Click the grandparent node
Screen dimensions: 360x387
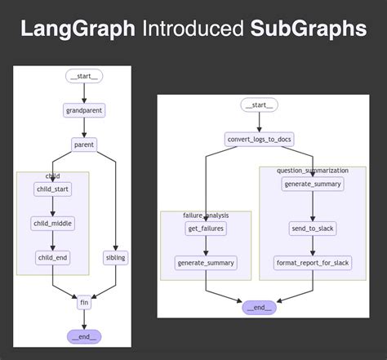point(83,110)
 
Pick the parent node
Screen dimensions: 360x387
point(83,144)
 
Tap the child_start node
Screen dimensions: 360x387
point(52,189)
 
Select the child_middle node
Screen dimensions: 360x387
point(52,223)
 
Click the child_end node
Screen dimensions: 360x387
point(52,258)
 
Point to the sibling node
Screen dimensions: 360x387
point(116,258)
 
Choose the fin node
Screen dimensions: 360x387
point(83,302)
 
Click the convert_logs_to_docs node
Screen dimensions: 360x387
point(259,140)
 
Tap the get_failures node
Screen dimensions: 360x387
point(206,229)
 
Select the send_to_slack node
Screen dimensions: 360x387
point(313,229)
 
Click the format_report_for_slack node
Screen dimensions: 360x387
point(313,263)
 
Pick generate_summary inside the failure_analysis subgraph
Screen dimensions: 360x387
point(206,263)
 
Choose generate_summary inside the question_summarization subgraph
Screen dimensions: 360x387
point(313,184)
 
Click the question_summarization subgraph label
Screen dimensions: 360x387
point(313,171)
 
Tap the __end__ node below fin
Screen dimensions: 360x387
point(83,336)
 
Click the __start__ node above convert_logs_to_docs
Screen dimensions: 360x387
point(259,105)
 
